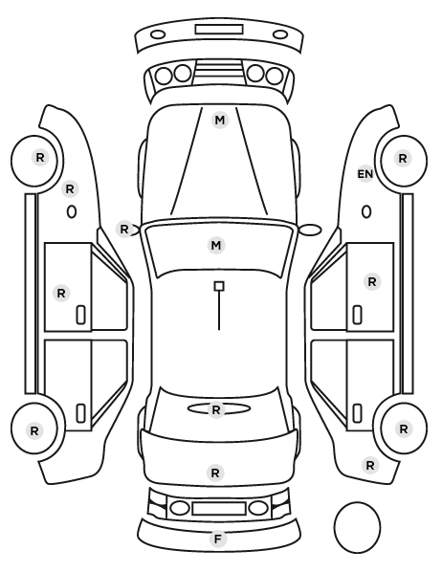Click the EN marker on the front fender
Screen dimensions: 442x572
click(365, 174)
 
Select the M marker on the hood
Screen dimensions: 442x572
click(220, 120)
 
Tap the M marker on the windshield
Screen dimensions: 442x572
click(216, 245)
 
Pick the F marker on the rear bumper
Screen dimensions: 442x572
click(218, 539)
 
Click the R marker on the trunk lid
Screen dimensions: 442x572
click(215, 473)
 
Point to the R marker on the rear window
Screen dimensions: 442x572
click(216, 410)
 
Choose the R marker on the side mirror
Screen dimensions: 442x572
click(124, 230)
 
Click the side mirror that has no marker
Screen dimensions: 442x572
click(310, 230)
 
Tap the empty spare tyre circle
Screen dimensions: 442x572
click(357, 527)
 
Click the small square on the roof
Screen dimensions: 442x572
click(219, 286)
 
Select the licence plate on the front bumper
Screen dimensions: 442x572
click(219, 30)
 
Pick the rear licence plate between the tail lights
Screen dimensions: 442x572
click(219, 508)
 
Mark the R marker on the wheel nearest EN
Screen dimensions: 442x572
click(403, 159)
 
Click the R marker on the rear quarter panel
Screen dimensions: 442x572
click(370, 466)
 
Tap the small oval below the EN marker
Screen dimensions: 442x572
click(366, 212)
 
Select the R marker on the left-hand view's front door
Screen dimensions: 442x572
click(61, 293)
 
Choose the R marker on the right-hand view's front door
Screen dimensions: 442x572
click(372, 281)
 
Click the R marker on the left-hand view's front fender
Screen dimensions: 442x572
click(70, 189)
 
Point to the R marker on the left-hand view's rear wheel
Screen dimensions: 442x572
click(34, 430)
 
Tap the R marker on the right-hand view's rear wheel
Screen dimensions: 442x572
click(404, 429)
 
